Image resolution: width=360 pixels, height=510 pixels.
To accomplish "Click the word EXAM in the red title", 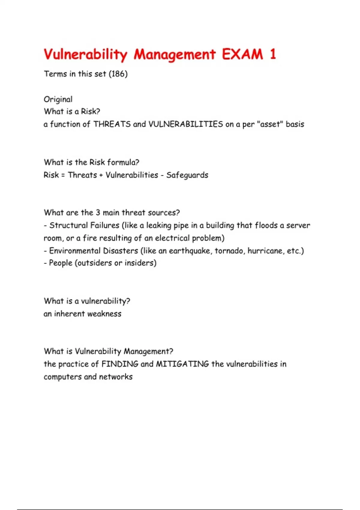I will [x=242, y=55].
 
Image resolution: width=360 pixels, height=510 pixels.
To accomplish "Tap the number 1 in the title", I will [x=273, y=55].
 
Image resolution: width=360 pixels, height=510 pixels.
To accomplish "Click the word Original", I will [x=58, y=99].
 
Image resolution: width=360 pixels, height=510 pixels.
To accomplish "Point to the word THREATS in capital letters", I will [x=112, y=124].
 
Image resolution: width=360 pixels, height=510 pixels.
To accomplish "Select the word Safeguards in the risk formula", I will [x=187, y=175].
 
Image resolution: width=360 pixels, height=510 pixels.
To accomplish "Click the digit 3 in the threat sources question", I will [x=98, y=213].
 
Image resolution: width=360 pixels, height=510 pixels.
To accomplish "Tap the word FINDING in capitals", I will [x=120, y=364].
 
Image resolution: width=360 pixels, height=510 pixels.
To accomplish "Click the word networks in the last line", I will [x=116, y=377].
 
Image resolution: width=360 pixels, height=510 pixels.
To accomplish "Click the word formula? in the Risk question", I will [x=123, y=162].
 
